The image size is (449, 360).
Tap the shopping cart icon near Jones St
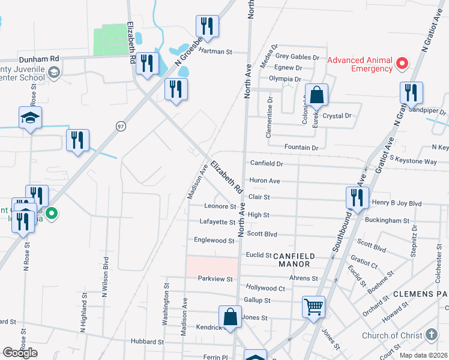click(x=313, y=307)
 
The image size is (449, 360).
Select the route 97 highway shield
click(x=121, y=125)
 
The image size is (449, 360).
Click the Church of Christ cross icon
click(x=432, y=335)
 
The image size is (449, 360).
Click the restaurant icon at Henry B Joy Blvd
click(x=357, y=197)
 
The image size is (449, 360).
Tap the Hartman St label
click(x=215, y=52)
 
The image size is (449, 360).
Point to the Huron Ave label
click(x=265, y=181)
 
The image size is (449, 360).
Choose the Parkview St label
click(x=215, y=279)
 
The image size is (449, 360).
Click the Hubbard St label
click(x=148, y=342)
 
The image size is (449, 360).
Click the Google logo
click(x=20, y=353)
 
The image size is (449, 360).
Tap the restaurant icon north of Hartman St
click(x=207, y=26)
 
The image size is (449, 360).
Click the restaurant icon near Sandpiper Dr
click(x=411, y=92)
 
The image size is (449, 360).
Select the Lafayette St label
click(x=217, y=222)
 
